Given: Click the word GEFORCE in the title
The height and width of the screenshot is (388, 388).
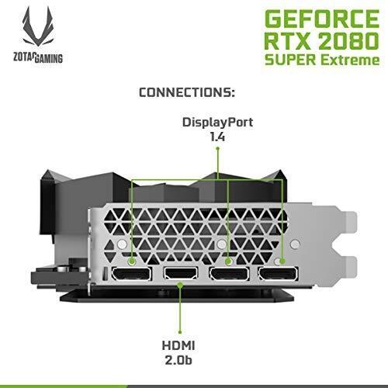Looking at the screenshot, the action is click(x=322, y=19).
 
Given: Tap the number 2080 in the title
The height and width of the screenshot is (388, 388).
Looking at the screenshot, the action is click(x=348, y=40).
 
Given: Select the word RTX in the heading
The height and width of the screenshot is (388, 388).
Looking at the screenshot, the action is click(x=287, y=40).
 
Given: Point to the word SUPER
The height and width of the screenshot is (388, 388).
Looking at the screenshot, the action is click(x=290, y=60).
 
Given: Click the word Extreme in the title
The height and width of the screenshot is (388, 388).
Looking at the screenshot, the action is click(x=350, y=60).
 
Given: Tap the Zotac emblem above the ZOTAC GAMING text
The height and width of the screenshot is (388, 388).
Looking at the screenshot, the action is click(x=38, y=26).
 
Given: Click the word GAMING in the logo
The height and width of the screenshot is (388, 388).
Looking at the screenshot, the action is click(x=48, y=58).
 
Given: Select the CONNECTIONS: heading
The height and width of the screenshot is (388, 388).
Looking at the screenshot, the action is click(x=187, y=92).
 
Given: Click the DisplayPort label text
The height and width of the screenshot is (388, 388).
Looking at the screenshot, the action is click(x=217, y=123).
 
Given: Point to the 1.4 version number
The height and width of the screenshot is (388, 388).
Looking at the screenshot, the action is click(x=217, y=137).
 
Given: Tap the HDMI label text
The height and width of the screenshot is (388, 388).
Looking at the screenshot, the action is click(x=178, y=345).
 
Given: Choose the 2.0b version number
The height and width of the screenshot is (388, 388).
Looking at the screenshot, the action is click(x=178, y=360).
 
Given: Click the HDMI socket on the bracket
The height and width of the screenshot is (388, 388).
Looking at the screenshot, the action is click(x=181, y=274).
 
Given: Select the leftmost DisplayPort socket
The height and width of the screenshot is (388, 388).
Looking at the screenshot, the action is click(x=131, y=274).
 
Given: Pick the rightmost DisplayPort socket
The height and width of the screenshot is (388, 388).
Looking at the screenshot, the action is click(x=278, y=274).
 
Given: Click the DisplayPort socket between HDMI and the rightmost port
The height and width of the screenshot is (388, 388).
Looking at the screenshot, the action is click(x=229, y=274).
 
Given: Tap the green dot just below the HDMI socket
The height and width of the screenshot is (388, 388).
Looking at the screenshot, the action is click(x=181, y=285).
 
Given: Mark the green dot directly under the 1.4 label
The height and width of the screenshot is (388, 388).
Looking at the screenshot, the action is click(x=217, y=148).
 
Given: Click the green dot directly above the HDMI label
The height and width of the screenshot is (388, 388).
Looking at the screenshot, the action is click(x=180, y=332).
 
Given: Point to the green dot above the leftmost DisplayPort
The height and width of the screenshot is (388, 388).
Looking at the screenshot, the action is click(x=132, y=262).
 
